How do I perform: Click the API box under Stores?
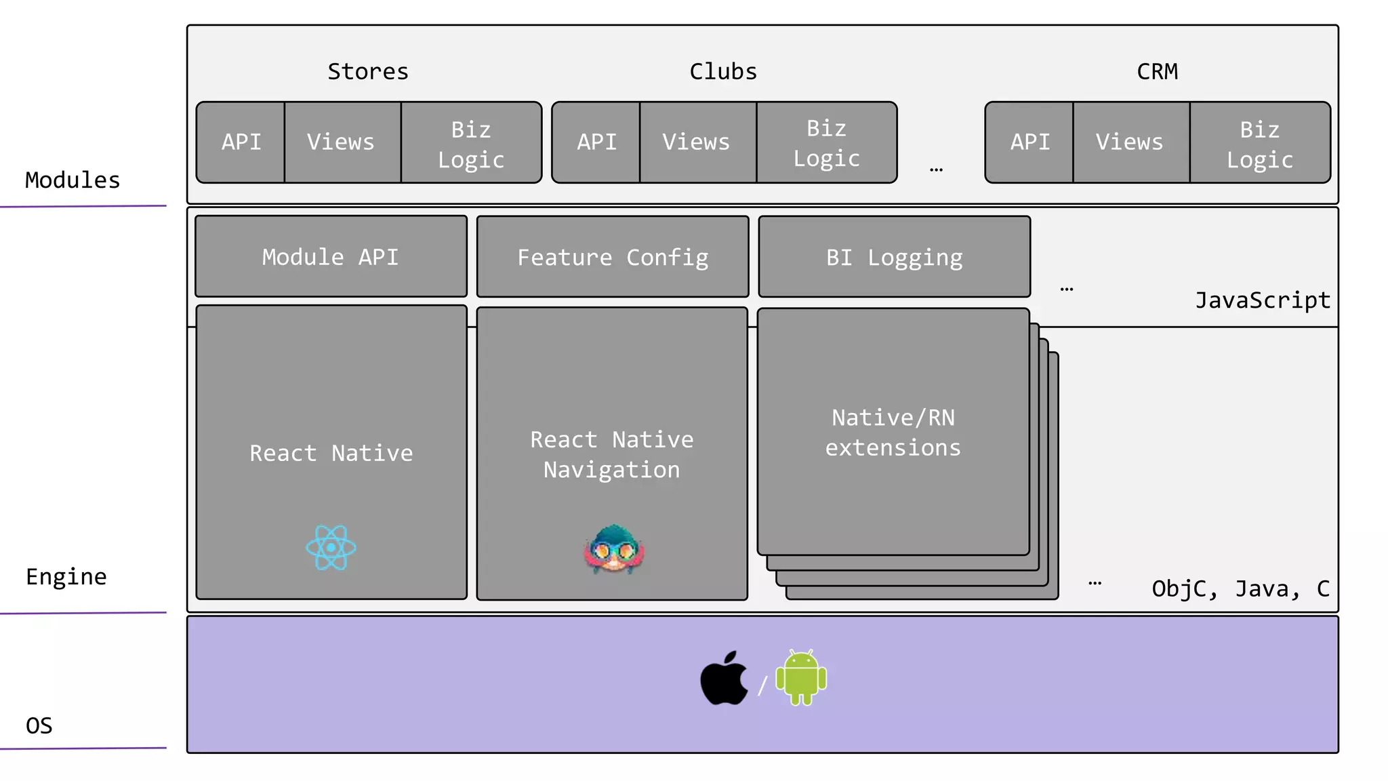(241, 142)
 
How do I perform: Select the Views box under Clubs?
(697, 142)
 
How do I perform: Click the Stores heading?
(368, 71)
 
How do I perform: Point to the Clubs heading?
(723, 71)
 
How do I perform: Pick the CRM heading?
(1157, 71)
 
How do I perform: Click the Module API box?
(331, 257)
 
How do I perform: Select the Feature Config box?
(613, 258)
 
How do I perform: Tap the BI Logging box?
(894, 258)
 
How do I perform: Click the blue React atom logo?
(331, 548)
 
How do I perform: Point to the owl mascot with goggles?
(613, 550)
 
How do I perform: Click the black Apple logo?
(724, 679)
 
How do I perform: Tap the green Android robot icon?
(801, 677)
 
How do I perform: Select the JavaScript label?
(1262, 300)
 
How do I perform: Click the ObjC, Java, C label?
(1240, 588)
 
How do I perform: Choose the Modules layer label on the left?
(73, 180)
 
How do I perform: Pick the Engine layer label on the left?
(66, 577)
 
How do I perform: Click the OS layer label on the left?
(39, 725)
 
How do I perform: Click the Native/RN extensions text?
(893, 433)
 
